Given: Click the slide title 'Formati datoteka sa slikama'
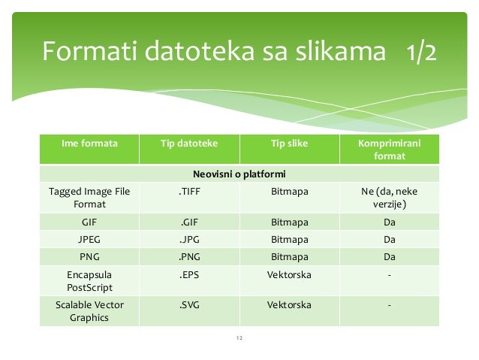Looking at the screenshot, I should click(215, 52).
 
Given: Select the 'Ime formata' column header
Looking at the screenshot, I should click(89, 143).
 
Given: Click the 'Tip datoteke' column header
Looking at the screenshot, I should click(188, 143).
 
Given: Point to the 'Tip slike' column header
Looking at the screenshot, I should click(288, 143).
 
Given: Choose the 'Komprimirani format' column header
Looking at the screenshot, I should click(389, 150).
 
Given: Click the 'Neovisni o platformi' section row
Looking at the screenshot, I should click(239, 174).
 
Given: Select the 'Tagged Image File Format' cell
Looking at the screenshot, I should click(89, 198).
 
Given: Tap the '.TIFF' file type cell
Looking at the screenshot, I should click(188, 192).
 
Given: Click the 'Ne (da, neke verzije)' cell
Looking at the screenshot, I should click(389, 198).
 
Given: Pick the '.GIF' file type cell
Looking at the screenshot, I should click(188, 222).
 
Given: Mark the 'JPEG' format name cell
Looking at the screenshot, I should click(89, 240).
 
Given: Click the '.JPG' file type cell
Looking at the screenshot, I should click(188, 240).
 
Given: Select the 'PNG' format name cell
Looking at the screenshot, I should click(89, 257).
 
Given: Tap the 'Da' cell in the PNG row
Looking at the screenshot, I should click(389, 257).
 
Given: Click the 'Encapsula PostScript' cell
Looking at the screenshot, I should click(89, 280).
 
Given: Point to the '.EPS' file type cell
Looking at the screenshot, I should click(188, 274).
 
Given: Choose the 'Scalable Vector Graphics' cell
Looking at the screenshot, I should click(89, 311).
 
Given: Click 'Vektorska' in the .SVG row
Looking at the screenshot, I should click(288, 304).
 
